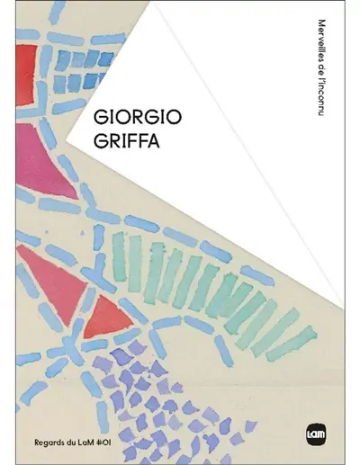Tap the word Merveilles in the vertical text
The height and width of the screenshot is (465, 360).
click(321, 38)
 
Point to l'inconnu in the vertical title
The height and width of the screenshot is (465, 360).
click(321, 97)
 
